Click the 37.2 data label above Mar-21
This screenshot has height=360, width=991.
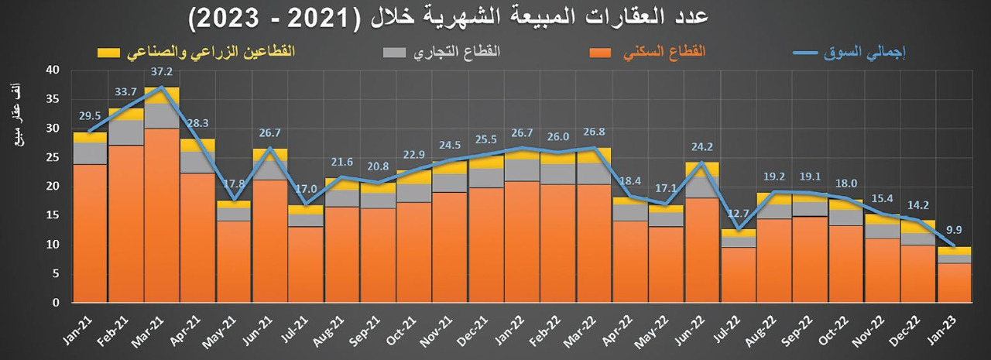tap(162, 71)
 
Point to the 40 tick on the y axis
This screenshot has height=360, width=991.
tap(53, 70)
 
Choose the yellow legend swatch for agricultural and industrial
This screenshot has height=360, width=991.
tap(109, 53)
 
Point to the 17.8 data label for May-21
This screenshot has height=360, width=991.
tap(234, 185)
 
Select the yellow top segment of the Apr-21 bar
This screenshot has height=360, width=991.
tap(197, 145)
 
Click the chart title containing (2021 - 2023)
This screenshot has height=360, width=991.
tap(448, 18)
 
